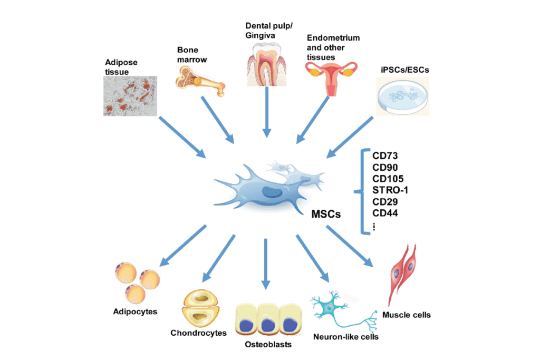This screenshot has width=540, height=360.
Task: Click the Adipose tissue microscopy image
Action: pos(130,95)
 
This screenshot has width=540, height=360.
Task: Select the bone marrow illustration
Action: pos(200,80)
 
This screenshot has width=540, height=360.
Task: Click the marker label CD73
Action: pos(384,155)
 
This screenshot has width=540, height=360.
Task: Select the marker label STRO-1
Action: pos(390,190)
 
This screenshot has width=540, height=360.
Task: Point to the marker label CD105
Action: pos(388,178)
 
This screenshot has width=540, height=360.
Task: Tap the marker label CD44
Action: pos(384,213)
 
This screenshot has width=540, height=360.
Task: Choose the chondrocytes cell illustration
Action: pos(200,309)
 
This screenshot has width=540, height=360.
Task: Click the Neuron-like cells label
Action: pos(345,336)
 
